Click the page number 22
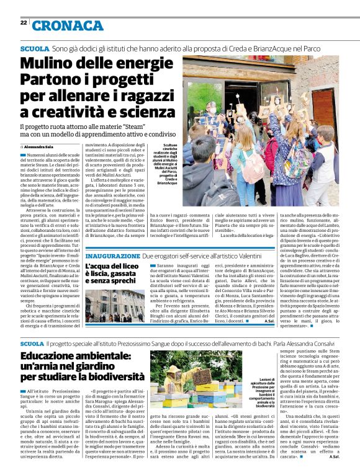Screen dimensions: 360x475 pos(23,23)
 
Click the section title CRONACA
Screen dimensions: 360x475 pos(68,25)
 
